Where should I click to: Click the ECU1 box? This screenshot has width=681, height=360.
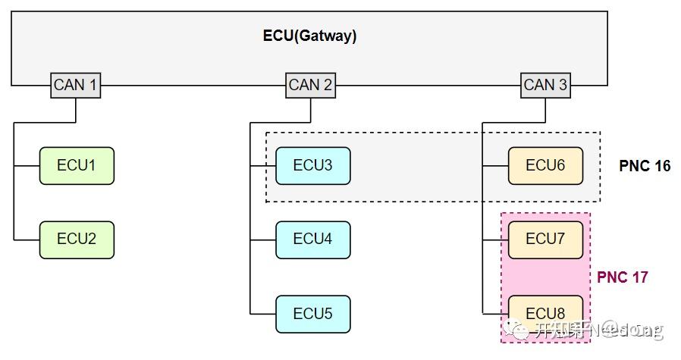coord(77,165)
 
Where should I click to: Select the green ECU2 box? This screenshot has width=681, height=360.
coord(77,239)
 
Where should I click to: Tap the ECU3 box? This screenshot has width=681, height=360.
coord(312,165)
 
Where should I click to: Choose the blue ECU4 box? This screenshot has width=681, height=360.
coord(312,239)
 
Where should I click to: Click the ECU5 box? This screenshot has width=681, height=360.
coord(312,314)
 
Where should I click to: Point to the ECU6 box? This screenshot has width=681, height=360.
coord(545,165)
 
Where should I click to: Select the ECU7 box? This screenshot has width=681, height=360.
coord(545,239)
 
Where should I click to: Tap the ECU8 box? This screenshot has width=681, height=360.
coord(545,311)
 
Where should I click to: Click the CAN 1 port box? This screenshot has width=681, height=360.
coord(76,85)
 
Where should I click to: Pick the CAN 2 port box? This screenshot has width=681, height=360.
coord(310,85)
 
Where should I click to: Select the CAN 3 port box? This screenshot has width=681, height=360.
coord(545,85)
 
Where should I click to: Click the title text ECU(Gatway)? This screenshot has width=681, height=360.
coord(309,36)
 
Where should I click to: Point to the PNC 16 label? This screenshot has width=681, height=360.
coord(645,166)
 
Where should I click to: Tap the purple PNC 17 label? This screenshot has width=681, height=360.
coord(622,277)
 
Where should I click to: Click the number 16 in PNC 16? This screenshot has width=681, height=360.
coord(661,166)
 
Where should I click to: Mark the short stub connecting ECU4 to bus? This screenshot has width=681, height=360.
coord(262,239)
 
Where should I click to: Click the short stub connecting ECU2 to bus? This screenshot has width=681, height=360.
coord(27,239)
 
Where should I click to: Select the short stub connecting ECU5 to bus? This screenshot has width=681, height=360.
coord(262,314)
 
